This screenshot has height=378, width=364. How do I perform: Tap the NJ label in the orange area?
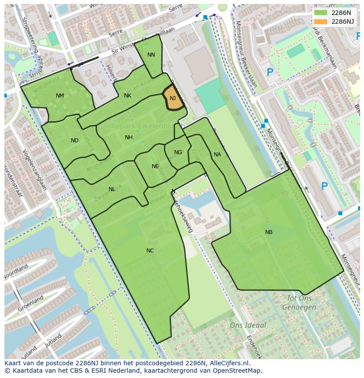pyautogui.click(x=173, y=98)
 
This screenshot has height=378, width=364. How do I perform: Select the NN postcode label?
pyautogui.click(x=151, y=55)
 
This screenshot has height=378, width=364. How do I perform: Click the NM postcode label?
pyautogui.click(x=60, y=96)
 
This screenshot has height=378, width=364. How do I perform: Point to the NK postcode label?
pyautogui.click(x=127, y=96)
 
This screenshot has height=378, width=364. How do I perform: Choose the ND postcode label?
pyautogui.click(x=75, y=140)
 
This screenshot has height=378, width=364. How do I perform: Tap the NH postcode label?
pyautogui.click(x=128, y=137)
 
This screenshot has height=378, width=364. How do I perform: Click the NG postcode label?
pyautogui.click(x=178, y=152)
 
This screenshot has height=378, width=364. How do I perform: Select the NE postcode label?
pyautogui.click(x=155, y=166)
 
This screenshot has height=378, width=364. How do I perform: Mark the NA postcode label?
pyautogui.click(x=217, y=155)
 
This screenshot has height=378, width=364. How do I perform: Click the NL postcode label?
pyautogui.click(x=112, y=189)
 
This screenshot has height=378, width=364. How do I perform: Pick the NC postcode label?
pyautogui.click(x=150, y=251)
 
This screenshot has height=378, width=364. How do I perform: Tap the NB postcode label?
pyautogui.click(x=269, y=232)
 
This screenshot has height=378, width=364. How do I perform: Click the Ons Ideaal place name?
pyautogui.click(x=248, y=325)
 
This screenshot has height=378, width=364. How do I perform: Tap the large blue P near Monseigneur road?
pyautogui.click(x=324, y=187)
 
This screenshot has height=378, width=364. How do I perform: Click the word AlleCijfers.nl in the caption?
pyautogui.click(x=229, y=363)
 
